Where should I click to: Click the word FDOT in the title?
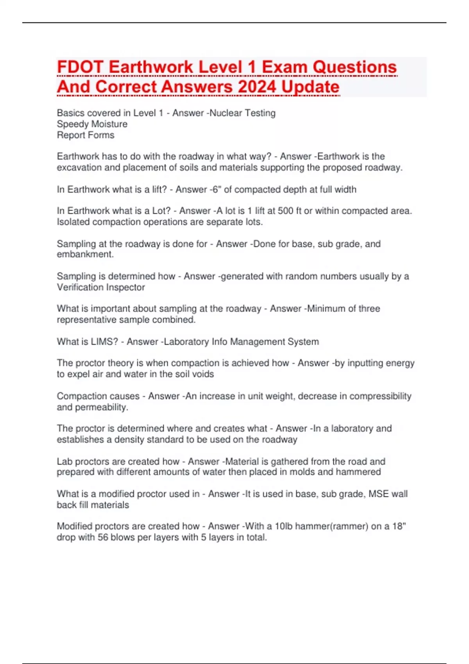click(81, 68)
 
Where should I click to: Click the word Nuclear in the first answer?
click(226, 113)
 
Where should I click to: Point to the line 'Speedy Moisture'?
click(92, 124)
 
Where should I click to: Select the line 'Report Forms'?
click(86, 135)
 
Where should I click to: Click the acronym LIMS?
click(104, 342)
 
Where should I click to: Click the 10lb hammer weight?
click(284, 527)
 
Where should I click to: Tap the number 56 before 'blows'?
click(103, 537)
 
